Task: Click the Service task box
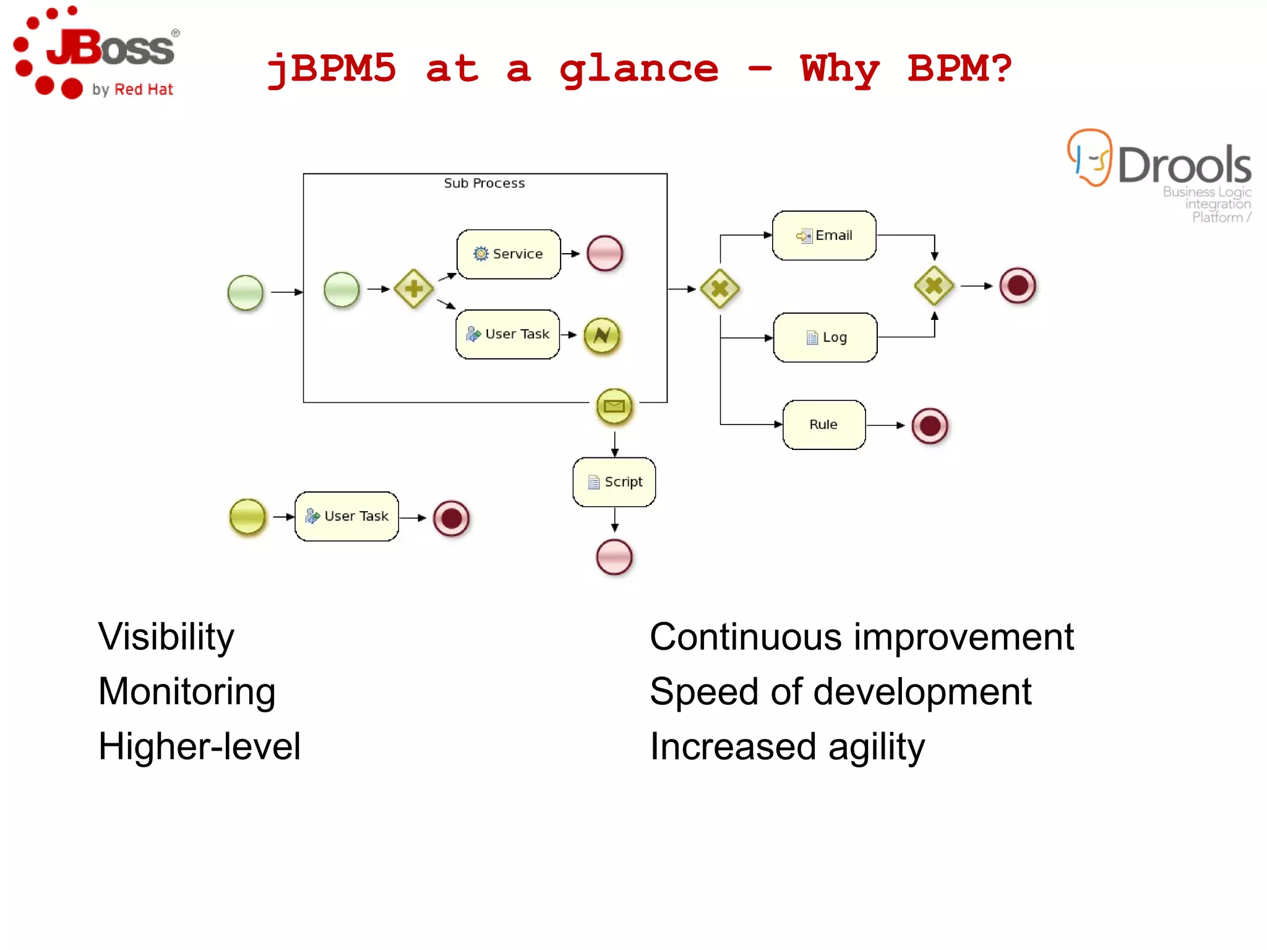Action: [509, 254]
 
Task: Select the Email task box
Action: [824, 235]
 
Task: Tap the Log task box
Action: [825, 337]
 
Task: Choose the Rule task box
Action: [823, 425]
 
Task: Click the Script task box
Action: [614, 481]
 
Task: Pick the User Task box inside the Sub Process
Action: [507, 334]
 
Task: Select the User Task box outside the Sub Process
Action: [346, 516]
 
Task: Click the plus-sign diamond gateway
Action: [414, 288]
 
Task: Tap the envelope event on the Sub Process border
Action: [614, 406]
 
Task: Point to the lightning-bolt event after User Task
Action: [601, 335]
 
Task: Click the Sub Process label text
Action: [484, 183]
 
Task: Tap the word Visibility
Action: [166, 637]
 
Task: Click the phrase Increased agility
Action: [787, 746]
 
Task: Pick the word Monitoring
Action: [187, 691]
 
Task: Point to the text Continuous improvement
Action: [861, 637]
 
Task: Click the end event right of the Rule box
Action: [929, 426]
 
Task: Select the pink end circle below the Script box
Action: [614, 557]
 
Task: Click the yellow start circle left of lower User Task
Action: [247, 516]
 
